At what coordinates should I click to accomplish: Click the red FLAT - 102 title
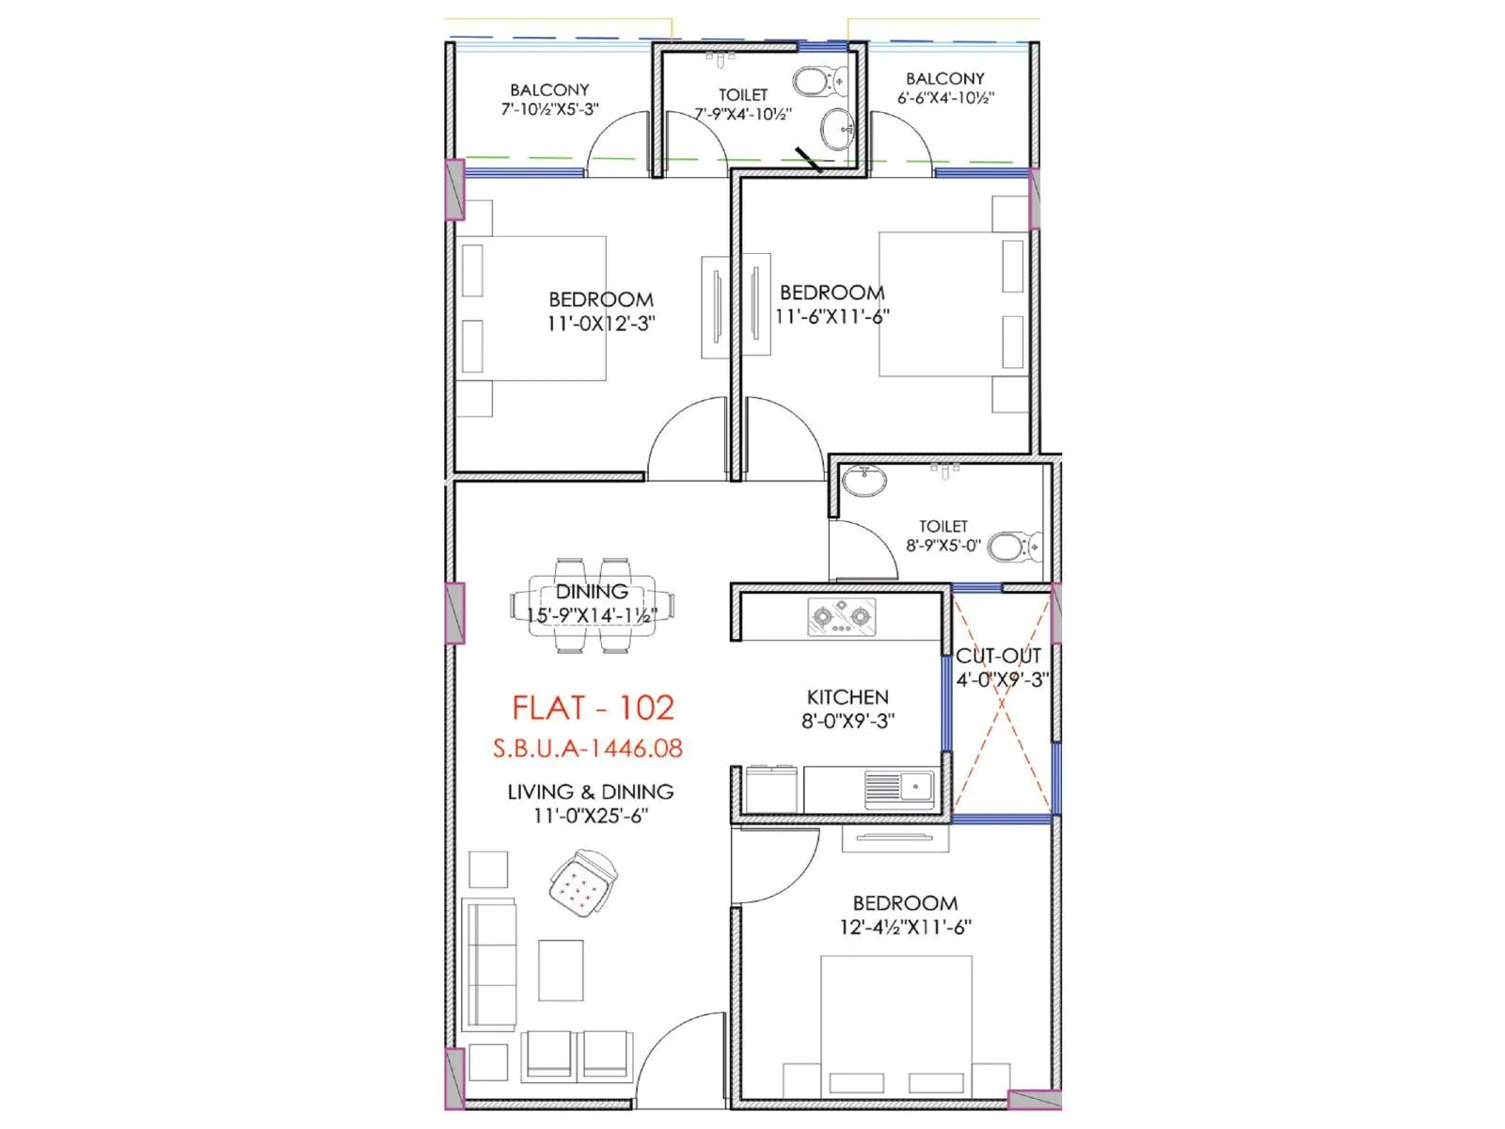tap(593, 708)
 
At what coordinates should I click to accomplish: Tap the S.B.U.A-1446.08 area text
tap(588, 749)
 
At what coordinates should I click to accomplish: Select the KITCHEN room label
tap(848, 697)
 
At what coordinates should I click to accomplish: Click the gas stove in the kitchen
tap(841, 616)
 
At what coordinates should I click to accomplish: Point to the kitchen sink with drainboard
tap(899, 787)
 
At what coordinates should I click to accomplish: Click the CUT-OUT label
tap(998, 656)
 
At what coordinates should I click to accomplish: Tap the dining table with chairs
tap(592, 605)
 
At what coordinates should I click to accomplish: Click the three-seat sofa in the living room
tap(489, 964)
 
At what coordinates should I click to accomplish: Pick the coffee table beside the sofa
tap(561, 970)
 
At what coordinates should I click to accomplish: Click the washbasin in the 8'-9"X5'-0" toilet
tap(863, 482)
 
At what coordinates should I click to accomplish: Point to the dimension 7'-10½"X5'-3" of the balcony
tap(549, 109)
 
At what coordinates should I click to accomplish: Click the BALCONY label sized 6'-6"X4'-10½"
tap(945, 79)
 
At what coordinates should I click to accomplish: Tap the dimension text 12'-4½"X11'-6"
tap(905, 927)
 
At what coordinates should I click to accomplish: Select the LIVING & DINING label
tap(591, 792)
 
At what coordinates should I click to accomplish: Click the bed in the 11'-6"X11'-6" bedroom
tap(950, 304)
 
